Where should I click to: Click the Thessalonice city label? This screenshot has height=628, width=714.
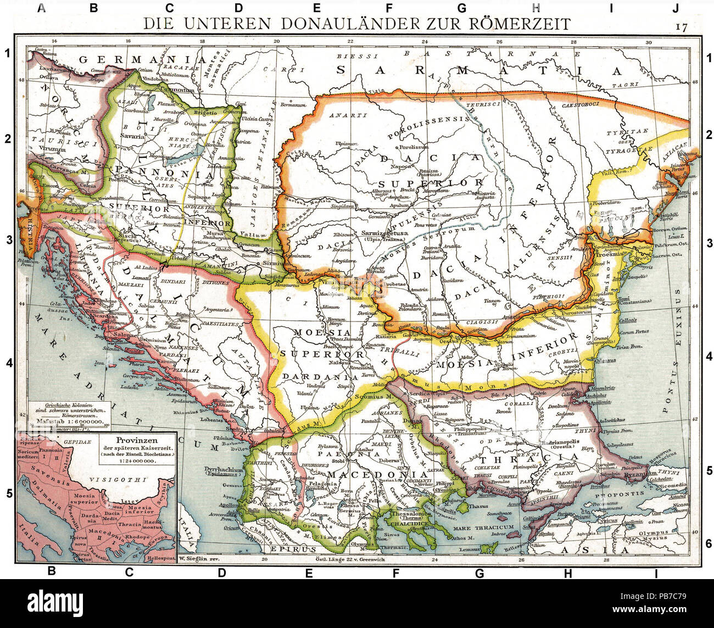coord(403,508)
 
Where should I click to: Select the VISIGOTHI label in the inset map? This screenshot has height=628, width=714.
coord(127,479)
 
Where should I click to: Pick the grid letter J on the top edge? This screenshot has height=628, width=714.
coord(676,8)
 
